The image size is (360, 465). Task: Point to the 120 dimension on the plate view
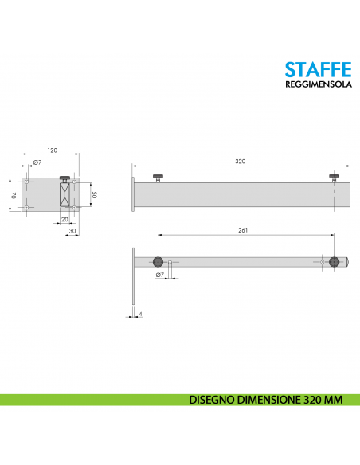tap(53, 150)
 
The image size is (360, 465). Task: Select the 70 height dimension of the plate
tap(12, 194)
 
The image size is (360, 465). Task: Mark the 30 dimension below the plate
tap(72, 230)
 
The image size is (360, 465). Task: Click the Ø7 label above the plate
tap(36, 164)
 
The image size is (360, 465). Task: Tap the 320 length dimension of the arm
tap(240, 162)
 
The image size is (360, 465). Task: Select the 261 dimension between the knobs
tap(243, 231)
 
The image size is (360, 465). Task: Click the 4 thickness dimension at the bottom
tap(140, 315)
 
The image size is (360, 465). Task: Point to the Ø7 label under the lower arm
tap(159, 275)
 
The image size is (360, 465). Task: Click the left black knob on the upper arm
tap(159, 176)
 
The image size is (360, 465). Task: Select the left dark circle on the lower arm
tap(159, 261)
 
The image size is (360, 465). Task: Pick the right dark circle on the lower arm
tap(334, 261)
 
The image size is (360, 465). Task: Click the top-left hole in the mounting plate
tap(27, 182)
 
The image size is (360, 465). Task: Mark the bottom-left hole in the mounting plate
tap(27, 208)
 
